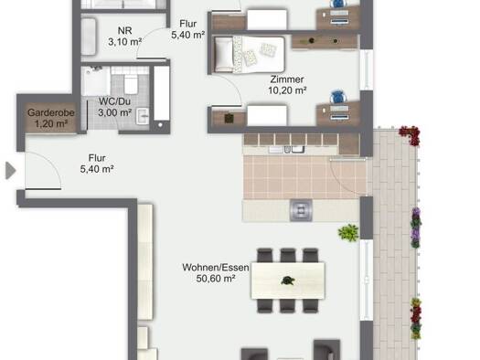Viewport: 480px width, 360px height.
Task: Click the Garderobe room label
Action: pos(51,112)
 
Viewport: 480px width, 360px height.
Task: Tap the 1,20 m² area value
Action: pos(51,124)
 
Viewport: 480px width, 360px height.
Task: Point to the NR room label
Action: pos(125,30)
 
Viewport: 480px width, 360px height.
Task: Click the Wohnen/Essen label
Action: pos(216,268)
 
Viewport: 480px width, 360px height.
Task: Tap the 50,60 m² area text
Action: pos(216,279)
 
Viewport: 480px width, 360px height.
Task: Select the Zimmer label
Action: pos(287,79)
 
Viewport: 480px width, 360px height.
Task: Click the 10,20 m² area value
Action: pos(287,90)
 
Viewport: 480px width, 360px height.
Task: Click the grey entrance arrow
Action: pos(11,170)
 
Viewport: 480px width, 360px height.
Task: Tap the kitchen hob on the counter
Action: pos(301,210)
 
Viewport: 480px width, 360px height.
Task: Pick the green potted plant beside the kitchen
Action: pos(348,233)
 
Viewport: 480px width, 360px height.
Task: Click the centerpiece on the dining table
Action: pos(287,281)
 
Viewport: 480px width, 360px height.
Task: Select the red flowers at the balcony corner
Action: pos(410,135)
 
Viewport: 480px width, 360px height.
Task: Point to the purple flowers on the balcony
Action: pos(416,228)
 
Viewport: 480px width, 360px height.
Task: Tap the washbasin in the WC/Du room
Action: pos(143,116)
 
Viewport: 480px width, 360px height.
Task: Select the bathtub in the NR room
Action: pos(89,37)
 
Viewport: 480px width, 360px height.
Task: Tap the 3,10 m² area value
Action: pos(125,42)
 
